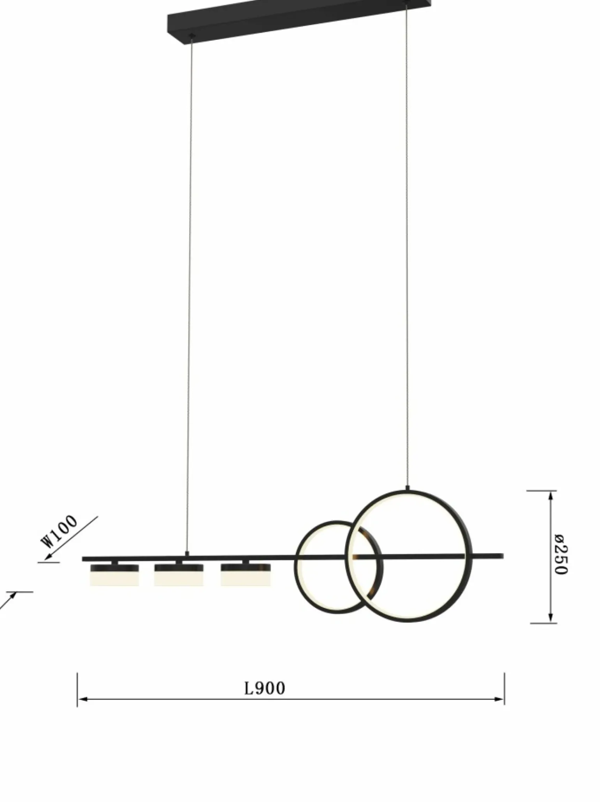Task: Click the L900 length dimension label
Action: (x=265, y=689)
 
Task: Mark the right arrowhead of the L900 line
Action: (x=501, y=699)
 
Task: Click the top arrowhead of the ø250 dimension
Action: (x=550, y=495)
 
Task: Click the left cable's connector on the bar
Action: (x=187, y=554)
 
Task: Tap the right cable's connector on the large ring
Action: (x=408, y=488)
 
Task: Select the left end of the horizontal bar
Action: (x=84, y=559)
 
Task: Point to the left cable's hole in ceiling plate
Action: (x=191, y=36)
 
